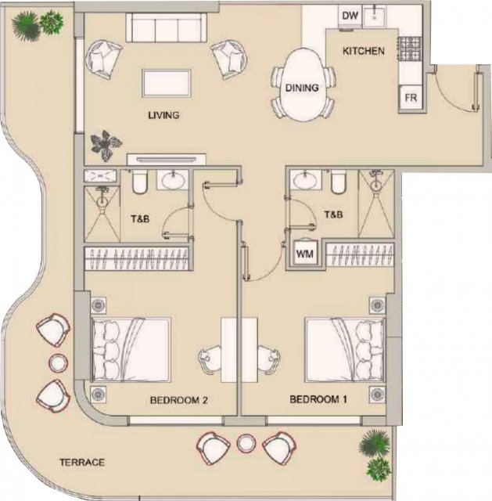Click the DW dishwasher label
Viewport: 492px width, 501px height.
point(350,16)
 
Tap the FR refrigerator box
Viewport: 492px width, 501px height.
point(411,97)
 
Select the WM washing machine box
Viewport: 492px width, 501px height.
point(305,254)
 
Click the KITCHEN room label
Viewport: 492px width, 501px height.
point(364,51)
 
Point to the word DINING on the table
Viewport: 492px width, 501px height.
point(302,88)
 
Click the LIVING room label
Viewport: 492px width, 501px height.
point(163,115)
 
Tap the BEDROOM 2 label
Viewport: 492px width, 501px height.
point(179,400)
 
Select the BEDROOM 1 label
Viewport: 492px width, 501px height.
point(318,399)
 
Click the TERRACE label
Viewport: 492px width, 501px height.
point(82,463)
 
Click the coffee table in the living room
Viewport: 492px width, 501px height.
point(167,83)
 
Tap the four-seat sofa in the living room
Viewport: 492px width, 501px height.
point(166,27)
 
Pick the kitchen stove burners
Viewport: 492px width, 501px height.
point(410,49)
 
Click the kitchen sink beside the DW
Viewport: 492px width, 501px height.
point(375,16)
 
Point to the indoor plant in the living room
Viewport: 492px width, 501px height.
point(106,146)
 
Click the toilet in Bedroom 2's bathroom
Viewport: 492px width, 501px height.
point(139,182)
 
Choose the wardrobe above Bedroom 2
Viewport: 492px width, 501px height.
point(137,258)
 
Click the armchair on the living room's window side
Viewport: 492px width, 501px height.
point(104,59)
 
